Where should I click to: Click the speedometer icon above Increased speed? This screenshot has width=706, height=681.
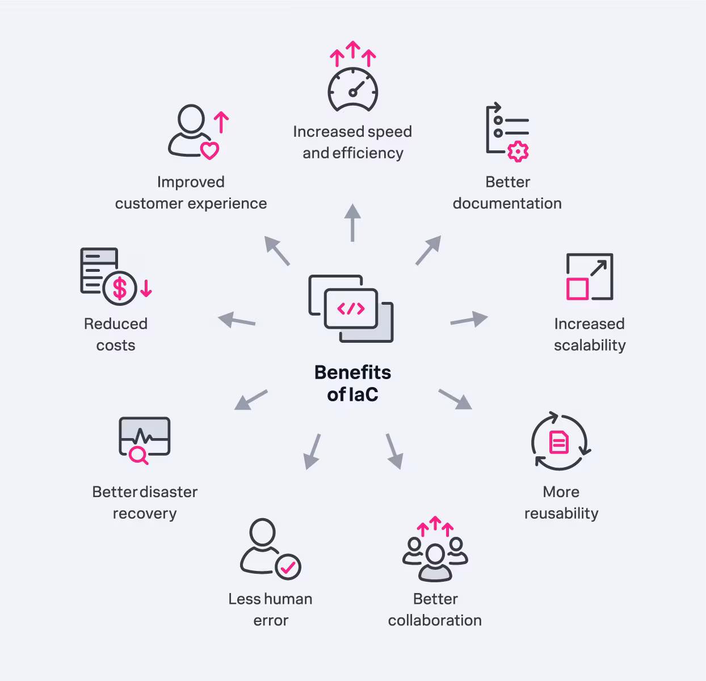pos(353,90)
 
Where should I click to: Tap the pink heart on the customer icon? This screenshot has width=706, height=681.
pos(209,150)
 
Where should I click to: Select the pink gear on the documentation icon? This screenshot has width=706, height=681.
pos(518,152)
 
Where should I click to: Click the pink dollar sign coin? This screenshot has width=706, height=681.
pos(120,288)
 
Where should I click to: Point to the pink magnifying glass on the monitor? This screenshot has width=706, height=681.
pos(138,455)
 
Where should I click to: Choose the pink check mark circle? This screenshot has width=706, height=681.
pos(288,566)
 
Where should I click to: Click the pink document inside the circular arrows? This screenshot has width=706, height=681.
pos(559,443)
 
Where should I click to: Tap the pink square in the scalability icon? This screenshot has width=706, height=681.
pos(577,289)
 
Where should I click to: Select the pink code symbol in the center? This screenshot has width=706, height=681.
pos(351,309)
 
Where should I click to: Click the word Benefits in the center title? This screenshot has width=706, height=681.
pos(352,372)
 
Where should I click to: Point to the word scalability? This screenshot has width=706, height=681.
pos(590,346)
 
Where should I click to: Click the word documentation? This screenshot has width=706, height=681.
pos(507,203)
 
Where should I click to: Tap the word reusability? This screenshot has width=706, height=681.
pos(561,513)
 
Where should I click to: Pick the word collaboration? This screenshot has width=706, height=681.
pos(435,620)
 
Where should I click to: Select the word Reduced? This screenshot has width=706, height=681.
pos(116,323)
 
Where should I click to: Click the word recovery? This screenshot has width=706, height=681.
pos(145,514)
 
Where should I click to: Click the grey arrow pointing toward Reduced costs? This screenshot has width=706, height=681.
pos(237,321)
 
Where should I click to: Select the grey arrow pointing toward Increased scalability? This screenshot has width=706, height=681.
pos(469,320)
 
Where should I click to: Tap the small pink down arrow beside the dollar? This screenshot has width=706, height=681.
pos(146,288)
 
